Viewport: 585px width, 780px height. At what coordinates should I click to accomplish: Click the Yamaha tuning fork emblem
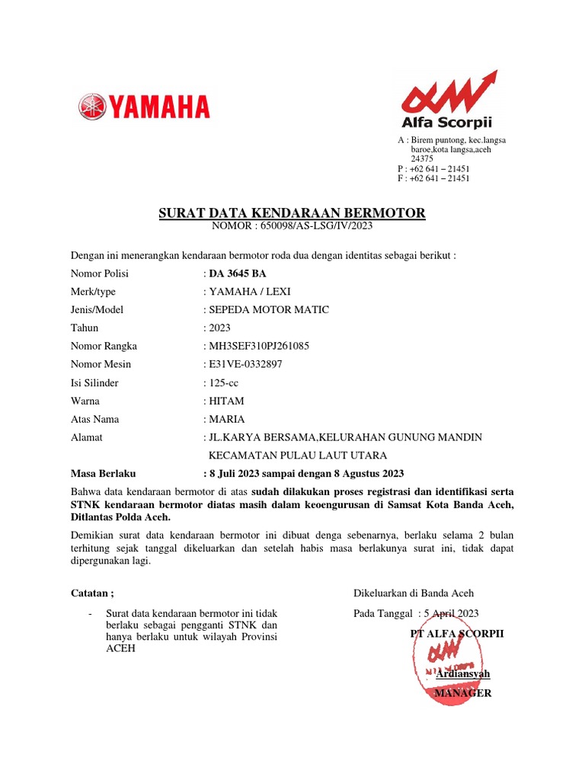tap(92, 106)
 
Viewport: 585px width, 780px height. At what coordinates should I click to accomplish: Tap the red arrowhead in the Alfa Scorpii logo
tap(488, 78)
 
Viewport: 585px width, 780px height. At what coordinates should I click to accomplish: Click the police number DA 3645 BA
tap(238, 273)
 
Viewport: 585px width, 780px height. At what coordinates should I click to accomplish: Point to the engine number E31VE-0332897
tap(245, 364)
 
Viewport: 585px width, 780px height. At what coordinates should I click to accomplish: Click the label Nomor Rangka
tap(104, 346)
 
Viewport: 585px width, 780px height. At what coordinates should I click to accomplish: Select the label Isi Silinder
tap(94, 382)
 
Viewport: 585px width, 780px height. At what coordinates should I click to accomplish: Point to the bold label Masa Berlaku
tap(103, 473)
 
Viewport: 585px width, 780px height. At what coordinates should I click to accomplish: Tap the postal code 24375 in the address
tap(423, 159)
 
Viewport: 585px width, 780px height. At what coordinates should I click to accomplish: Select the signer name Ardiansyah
tap(463, 674)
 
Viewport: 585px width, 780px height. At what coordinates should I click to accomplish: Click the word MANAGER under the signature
tap(462, 692)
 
